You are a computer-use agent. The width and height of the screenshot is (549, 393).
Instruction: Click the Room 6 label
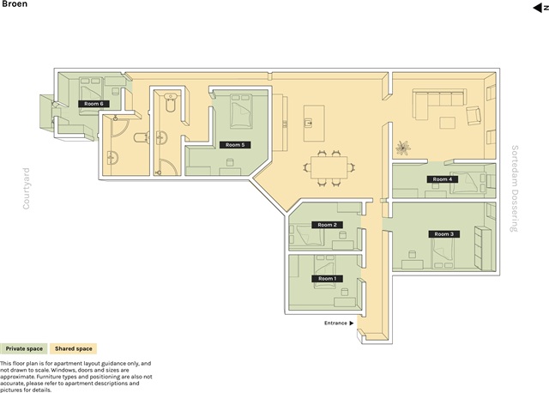click(x=94, y=104)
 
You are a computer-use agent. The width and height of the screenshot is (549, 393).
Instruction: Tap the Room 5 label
click(x=235, y=145)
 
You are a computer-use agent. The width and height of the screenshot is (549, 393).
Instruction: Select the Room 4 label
click(x=443, y=179)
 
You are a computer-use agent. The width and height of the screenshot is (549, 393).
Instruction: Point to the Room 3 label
click(x=444, y=234)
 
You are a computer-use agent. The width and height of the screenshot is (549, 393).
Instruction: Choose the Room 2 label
click(x=327, y=225)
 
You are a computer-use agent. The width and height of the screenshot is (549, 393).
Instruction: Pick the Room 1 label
click(x=327, y=279)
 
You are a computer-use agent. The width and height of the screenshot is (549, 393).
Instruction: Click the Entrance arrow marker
click(x=352, y=323)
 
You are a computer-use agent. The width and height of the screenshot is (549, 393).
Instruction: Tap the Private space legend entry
click(x=24, y=348)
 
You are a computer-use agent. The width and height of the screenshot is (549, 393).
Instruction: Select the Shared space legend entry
click(x=73, y=348)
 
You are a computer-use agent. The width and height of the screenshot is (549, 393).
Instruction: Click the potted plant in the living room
click(x=403, y=148)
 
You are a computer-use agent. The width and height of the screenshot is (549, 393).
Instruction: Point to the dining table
click(x=329, y=167)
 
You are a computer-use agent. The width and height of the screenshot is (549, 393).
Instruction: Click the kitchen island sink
click(x=309, y=123)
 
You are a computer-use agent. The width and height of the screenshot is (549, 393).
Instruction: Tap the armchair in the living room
click(x=474, y=116)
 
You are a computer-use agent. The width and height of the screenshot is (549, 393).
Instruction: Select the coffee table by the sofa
click(x=448, y=123)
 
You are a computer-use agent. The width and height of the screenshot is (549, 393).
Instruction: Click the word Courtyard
click(x=27, y=189)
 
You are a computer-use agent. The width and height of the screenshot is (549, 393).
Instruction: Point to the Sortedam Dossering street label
click(x=515, y=189)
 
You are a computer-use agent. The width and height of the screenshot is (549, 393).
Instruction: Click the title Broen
click(x=14, y=3)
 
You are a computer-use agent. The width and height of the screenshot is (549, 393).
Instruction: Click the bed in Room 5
click(x=241, y=112)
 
